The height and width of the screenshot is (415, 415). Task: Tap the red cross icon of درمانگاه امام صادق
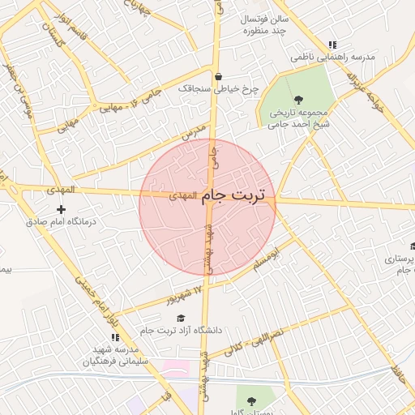pyautogui.click(x=60, y=209)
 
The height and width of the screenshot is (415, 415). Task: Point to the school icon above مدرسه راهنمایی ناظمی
pyautogui.click(x=332, y=45)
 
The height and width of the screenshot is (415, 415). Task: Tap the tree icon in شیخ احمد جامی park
pyautogui.click(x=299, y=99)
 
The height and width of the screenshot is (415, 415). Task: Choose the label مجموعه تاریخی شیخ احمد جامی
pyautogui.click(x=300, y=118)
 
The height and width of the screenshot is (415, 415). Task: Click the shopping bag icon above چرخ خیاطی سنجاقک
pyautogui.click(x=218, y=77)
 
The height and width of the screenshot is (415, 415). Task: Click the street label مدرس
pyautogui.click(x=195, y=133)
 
